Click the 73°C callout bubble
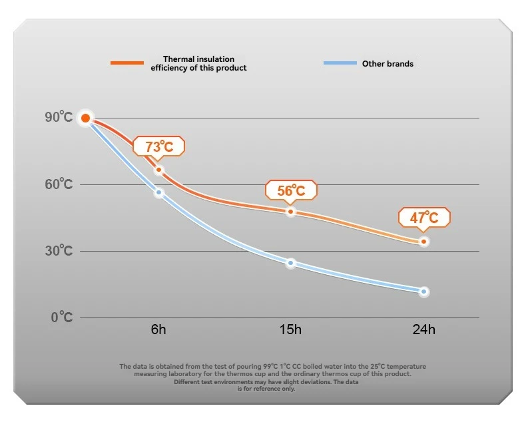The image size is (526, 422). click(158, 146)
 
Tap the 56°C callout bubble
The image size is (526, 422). click(291, 190)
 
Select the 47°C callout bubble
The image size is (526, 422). click(424, 218)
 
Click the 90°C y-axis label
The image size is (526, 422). click(59, 117)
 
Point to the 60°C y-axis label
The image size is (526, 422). click(59, 184)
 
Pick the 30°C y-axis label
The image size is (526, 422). click(59, 250)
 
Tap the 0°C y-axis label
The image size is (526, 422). click(62, 317)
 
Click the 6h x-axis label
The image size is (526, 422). click(158, 330)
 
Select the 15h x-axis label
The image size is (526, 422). click(291, 330)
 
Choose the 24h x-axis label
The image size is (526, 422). click(423, 330)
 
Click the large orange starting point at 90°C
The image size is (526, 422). click(85, 118)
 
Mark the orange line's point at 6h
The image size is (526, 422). click(158, 170)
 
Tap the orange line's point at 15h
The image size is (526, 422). click(291, 212)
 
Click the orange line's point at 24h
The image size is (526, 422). click(423, 241)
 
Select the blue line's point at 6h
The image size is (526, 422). click(158, 193)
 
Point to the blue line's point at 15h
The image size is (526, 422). click(291, 263)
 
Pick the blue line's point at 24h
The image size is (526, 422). click(423, 292)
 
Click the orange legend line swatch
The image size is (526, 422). click(127, 63)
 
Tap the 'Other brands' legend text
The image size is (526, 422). click(388, 64)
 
